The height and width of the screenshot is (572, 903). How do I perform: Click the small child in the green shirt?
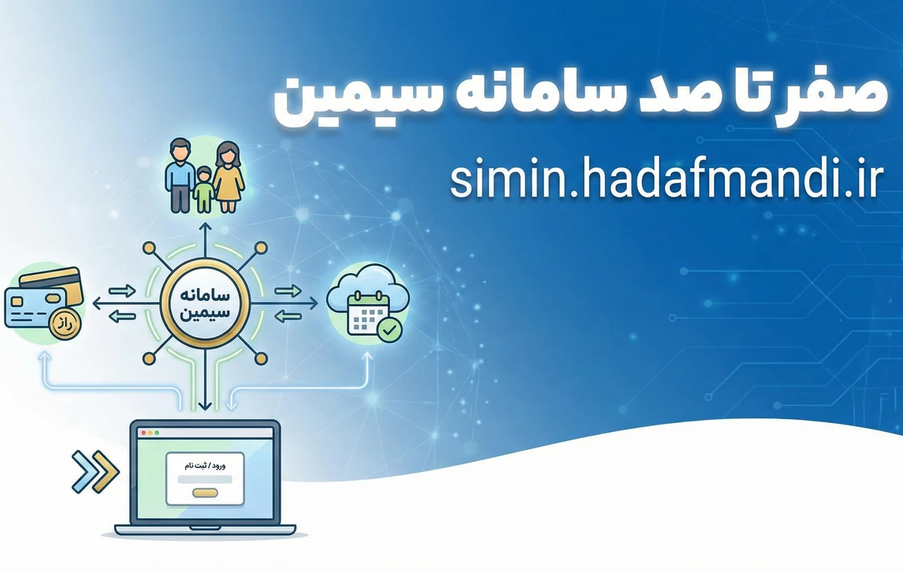(x=203, y=189)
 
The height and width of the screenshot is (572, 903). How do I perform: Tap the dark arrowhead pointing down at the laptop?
(x=203, y=407)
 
